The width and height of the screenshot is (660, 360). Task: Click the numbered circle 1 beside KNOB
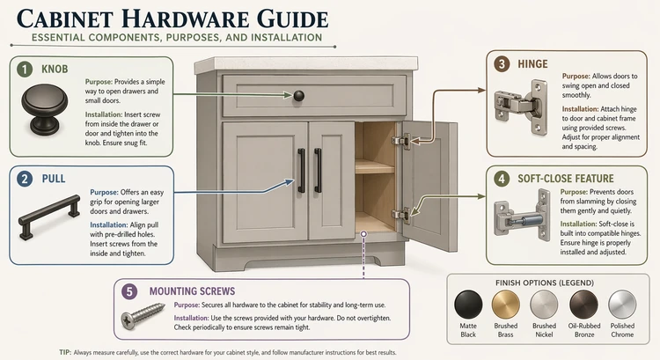(24, 68)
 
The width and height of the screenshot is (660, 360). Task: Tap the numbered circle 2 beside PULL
(24, 179)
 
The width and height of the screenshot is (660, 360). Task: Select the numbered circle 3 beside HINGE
(502, 64)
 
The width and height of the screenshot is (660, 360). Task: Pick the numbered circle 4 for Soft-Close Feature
(502, 177)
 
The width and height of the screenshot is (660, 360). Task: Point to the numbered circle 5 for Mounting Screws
(131, 290)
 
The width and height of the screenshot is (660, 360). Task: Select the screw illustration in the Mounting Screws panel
(143, 314)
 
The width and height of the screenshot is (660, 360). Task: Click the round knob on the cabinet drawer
(299, 94)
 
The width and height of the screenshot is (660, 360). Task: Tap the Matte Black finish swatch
(468, 305)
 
